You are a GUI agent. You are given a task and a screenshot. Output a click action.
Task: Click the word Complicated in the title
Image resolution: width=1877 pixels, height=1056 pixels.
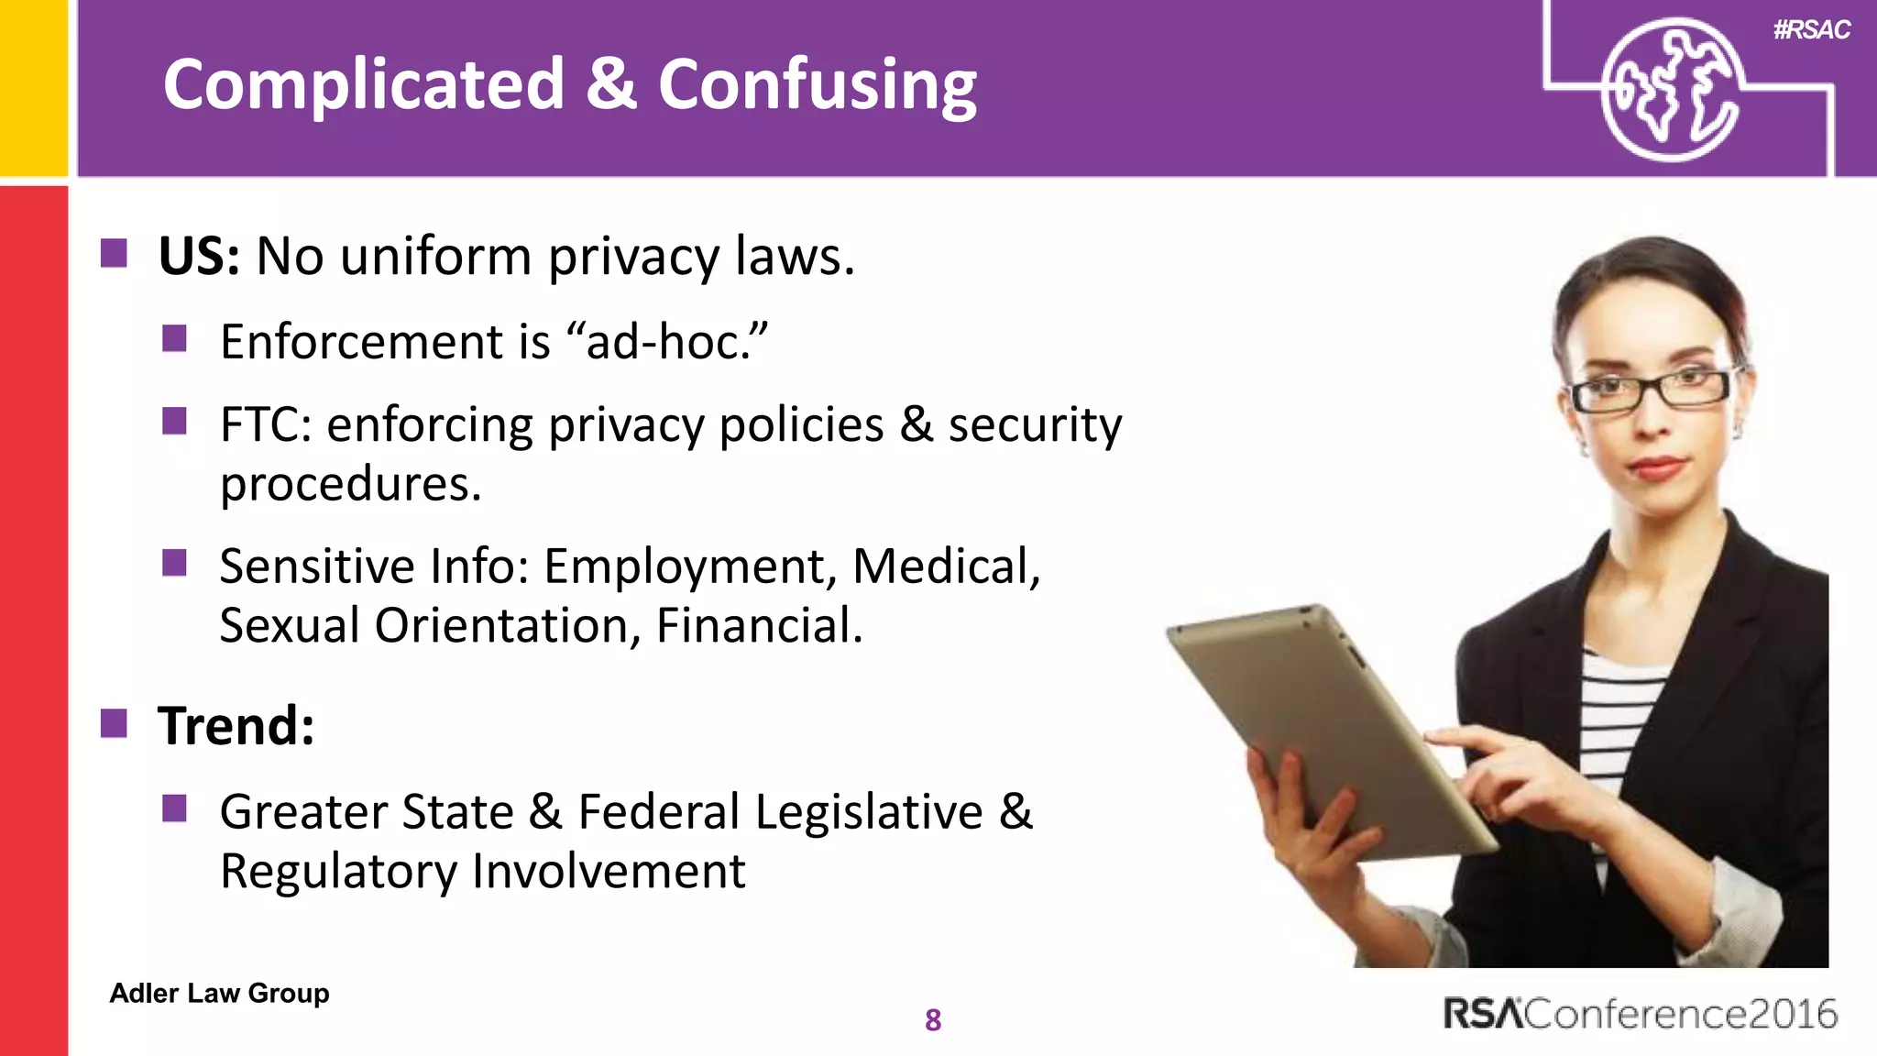pyautogui.click(x=363, y=84)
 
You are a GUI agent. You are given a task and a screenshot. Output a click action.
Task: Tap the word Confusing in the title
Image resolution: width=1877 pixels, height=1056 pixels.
pyautogui.click(x=817, y=84)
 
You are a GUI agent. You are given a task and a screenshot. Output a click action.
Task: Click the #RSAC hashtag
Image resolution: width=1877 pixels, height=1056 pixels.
pyautogui.click(x=1811, y=30)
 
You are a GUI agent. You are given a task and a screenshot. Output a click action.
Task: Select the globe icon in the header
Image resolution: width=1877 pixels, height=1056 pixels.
pyautogui.click(x=1670, y=90)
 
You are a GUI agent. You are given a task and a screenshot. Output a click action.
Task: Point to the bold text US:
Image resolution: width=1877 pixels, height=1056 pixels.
pyautogui.click(x=199, y=256)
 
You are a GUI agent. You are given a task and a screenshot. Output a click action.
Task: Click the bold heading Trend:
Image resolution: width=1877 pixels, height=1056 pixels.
pyautogui.click(x=236, y=726)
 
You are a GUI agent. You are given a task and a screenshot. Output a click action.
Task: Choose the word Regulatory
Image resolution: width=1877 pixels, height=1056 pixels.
pyautogui.click(x=338, y=871)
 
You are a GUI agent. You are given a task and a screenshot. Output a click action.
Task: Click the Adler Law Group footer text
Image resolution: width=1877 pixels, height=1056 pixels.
pyautogui.click(x=219, y=993)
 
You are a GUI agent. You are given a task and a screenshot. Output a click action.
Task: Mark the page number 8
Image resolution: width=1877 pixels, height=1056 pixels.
pyautogui.click(x=933, y=1019)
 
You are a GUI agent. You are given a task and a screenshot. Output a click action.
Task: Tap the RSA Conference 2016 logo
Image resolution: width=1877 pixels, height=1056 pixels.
pyautogui.click(x=1640, y=1014)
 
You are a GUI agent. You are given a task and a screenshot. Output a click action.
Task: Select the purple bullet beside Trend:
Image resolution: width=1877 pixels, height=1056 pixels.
pyautogui.click(x=114, y=723)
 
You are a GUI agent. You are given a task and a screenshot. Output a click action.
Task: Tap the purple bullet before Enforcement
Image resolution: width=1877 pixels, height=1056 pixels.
pyautogui.click(x=174, y=339)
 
